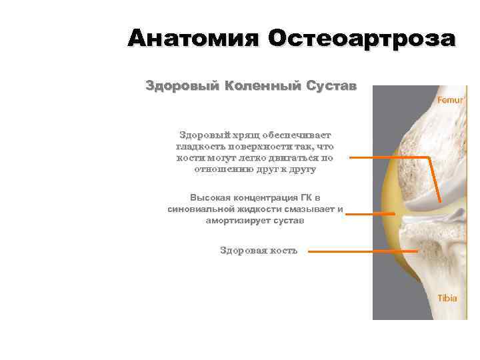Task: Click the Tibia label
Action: pyautogui.click(x=447, y=297)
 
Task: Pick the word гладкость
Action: pyautogui.click(x=198, y=147)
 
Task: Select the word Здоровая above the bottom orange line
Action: pyautogui.click(x=244, y=251)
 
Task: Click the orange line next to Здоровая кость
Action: pyautogui.click(x=363, y=251)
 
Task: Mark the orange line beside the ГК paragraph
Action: pyautogui.click(x=370, y=214)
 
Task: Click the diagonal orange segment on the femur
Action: pyautogui.click(x=435, y=180)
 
